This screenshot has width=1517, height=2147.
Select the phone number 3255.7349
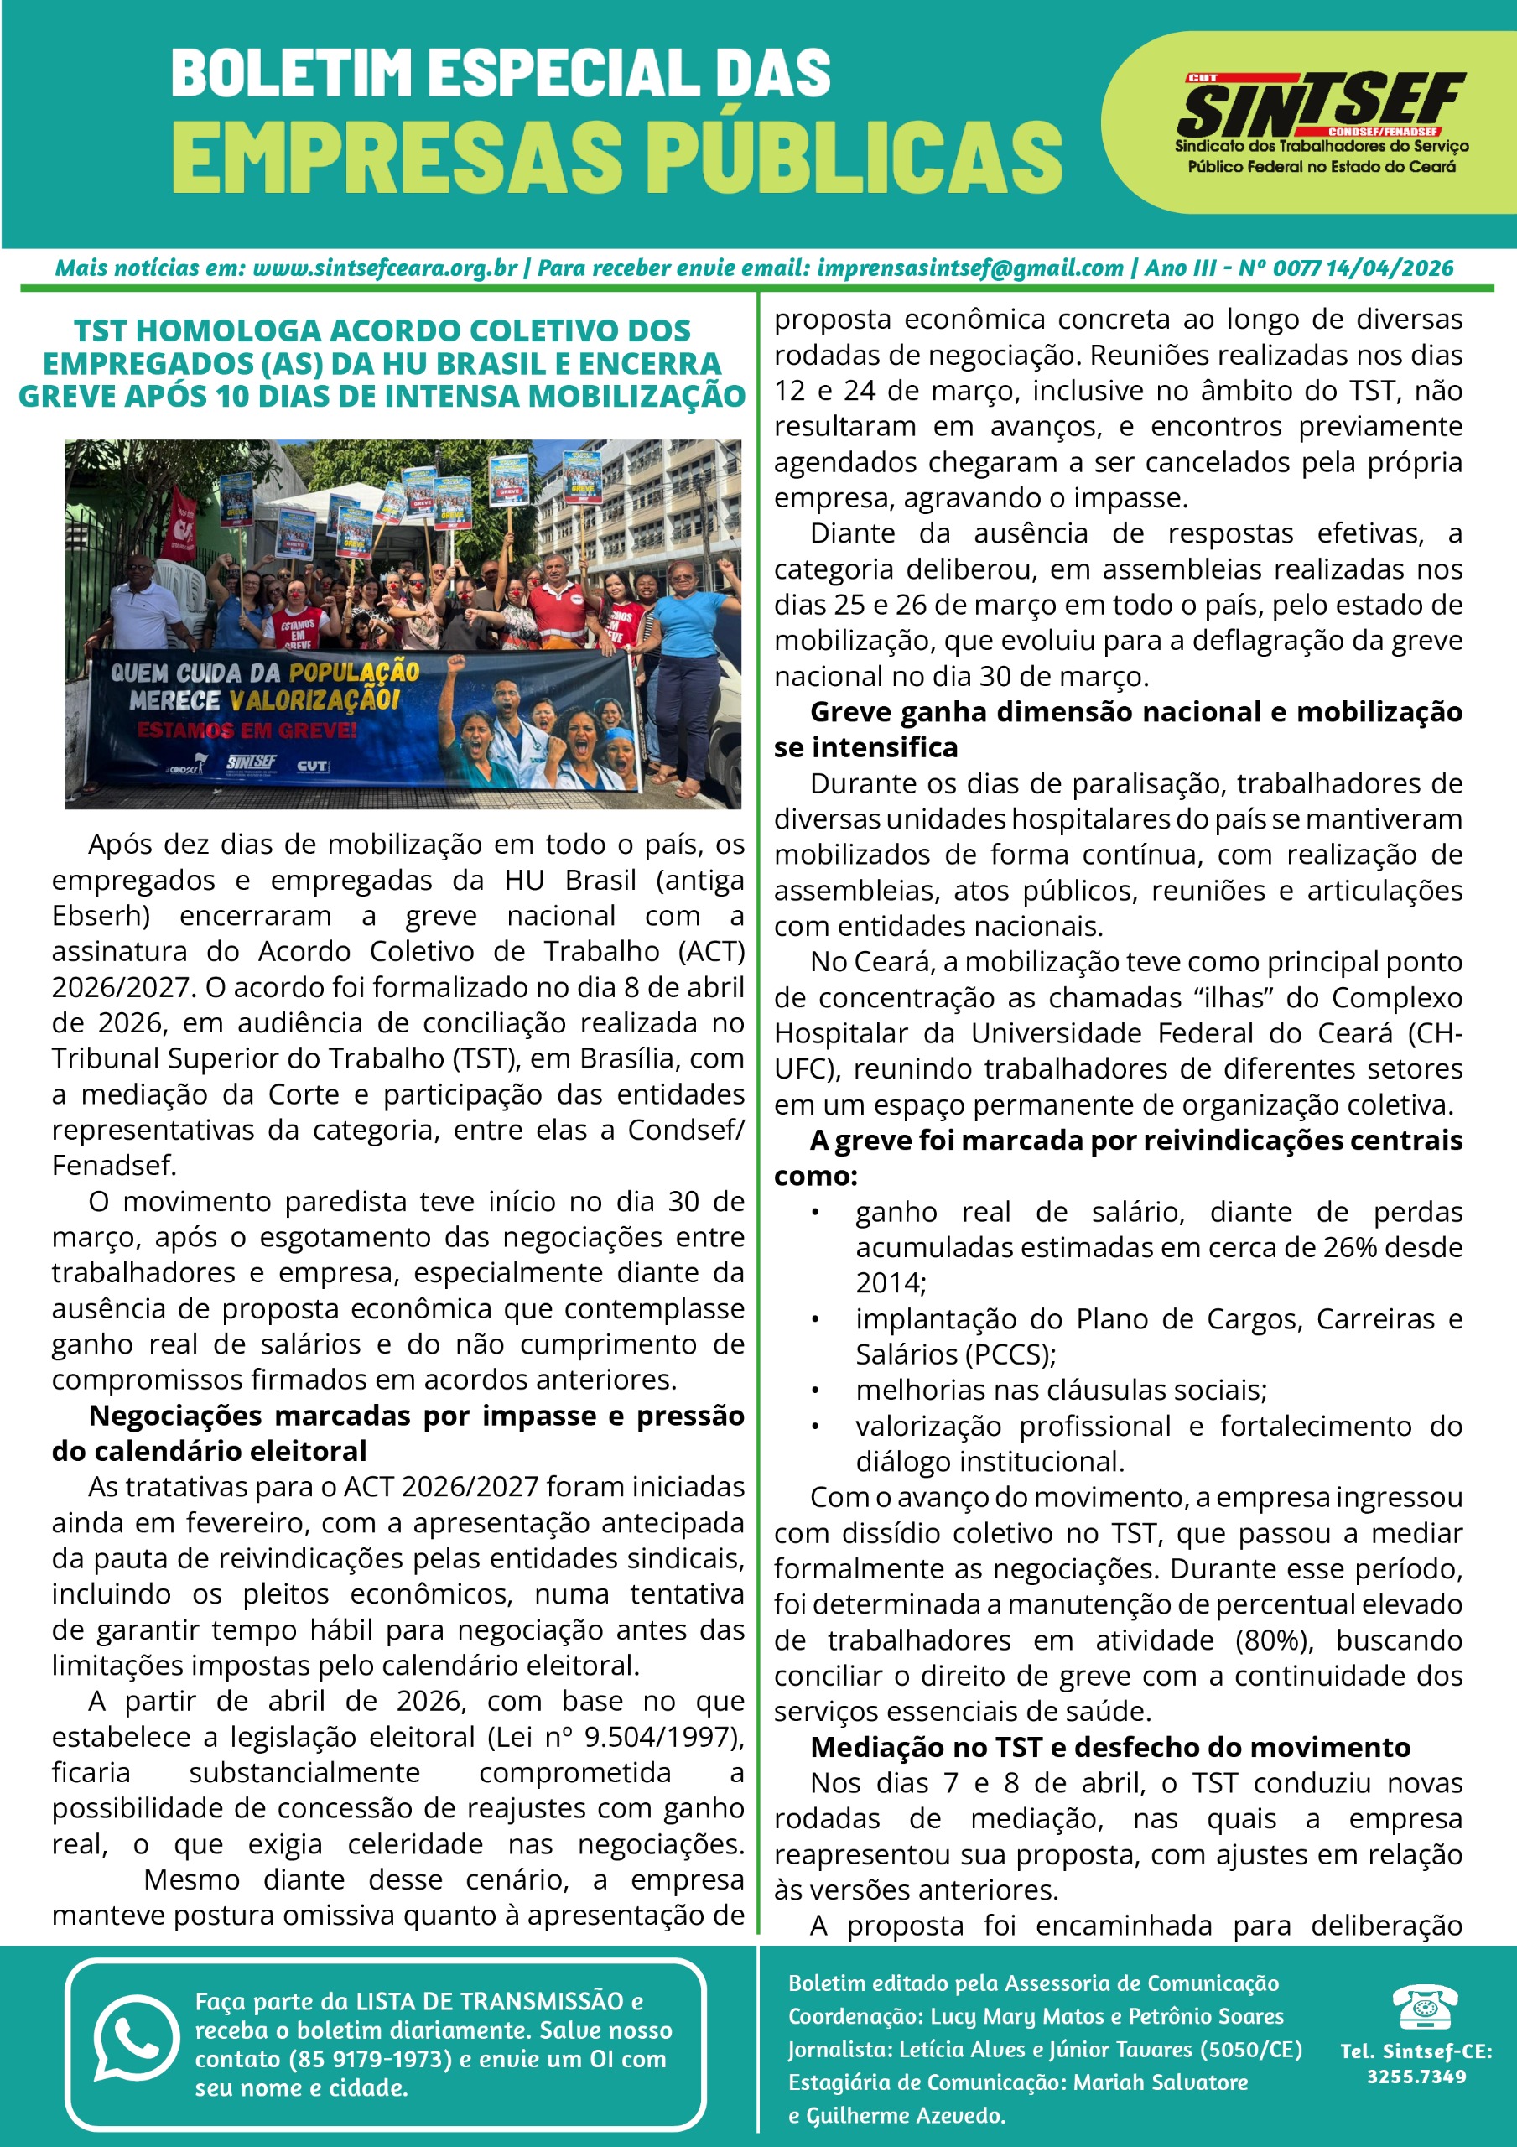tap(1416, 2077)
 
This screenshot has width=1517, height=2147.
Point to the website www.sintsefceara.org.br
tap(385, 268)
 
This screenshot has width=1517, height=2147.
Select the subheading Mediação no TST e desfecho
tap(1110, 1748)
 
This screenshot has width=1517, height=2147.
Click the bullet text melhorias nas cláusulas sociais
tap(1061, 1391)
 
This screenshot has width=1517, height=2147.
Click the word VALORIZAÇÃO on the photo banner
tap(314, 699)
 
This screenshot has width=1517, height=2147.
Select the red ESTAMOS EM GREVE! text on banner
tap(247, 730)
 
